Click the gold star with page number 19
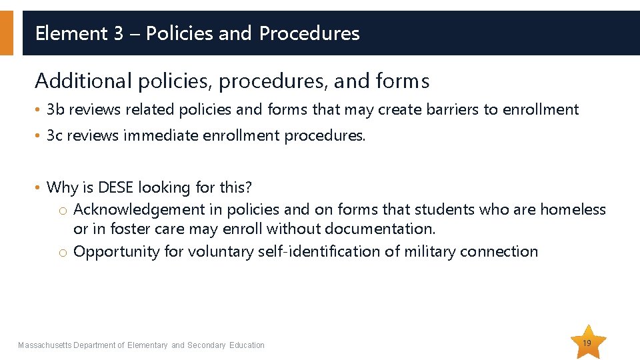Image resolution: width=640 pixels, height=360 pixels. coord(587,343)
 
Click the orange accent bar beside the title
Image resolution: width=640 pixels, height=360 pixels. coord(6,33)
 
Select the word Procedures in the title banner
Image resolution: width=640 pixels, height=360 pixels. coord(309,33)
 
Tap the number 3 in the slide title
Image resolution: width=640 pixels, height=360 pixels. coord(119,33)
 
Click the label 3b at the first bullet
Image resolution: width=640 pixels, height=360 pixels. coord(55,110)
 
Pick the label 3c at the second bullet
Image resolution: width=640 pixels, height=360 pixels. coord(55,136)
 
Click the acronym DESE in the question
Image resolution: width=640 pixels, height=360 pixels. coord(115,188)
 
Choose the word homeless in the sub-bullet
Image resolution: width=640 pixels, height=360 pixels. coord(573,209)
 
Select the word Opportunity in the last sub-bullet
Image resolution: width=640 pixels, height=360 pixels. coord(110,252)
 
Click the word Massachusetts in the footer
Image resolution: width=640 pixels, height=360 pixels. coord(45,345)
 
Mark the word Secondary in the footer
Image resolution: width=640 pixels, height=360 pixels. coord(206,345)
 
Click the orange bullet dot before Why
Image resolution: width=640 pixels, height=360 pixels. coord(39,189)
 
